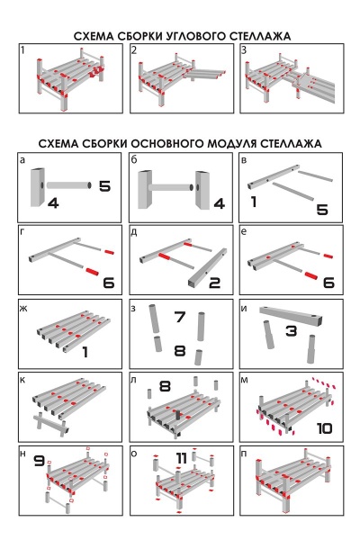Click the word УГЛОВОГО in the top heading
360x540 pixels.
click(x=196, y=36)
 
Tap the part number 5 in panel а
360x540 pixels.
click(x=104, y=186)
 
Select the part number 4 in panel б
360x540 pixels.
click(x=220, y=203)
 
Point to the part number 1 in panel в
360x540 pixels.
click(x=254, y=202)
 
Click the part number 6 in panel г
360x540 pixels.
click(x=109, y=283)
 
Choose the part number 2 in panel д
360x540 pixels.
click(x=214, y=283)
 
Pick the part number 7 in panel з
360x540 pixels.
click(x=180, y=317)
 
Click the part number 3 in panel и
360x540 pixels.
click(x=291, y=331)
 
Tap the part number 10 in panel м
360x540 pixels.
click(x=325, y=428)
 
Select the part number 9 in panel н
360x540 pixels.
click(x=40, y=461)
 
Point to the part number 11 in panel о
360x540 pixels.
click(x=182, y=458)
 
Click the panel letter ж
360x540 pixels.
click(x=23, y=308)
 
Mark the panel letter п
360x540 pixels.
click(x=244, y=454)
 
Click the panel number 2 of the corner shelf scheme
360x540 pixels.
click(x=134, y=50)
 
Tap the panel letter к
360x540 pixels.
click(x=22, y=380)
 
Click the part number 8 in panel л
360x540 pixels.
click(x=165, y=386)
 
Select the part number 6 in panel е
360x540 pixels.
click(x=328, y=283)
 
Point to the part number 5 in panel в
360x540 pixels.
click(x=322, y=210)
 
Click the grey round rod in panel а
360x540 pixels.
click(x=69, y=185)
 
